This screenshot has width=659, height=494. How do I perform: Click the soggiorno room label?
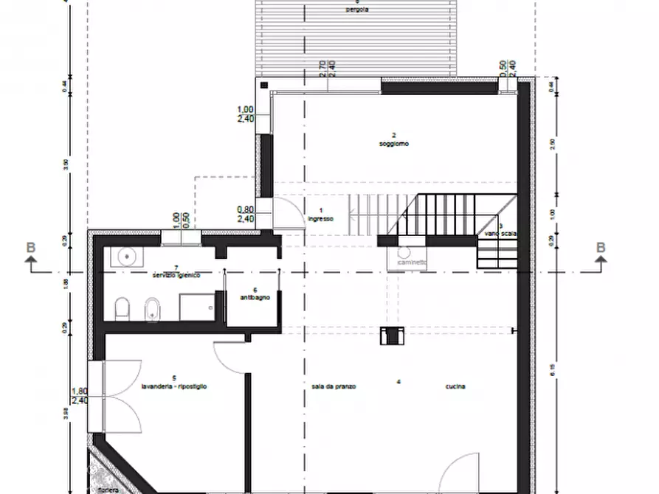tap(394, 143)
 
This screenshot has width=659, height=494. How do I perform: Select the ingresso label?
tap(322, 219)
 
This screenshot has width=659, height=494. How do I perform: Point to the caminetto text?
tap(411, 262)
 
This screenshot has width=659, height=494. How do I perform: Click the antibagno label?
tap(253, 298)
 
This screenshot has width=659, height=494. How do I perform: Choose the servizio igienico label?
tap(176, 275)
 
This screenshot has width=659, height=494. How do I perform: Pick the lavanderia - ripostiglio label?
tap(175, 386)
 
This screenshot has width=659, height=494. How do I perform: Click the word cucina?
tap(455, 386)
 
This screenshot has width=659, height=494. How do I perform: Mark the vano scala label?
tap(500, 234)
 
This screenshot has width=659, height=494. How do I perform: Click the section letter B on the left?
tap(31, 248)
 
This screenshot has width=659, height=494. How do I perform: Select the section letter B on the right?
tap(601, 248)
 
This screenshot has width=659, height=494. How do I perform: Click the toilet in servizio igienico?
tap(123, 307)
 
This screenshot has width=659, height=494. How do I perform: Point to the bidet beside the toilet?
tap(152, 309)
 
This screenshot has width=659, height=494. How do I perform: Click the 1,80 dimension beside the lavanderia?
tap(80, 392)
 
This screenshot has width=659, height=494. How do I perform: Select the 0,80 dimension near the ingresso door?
tap(246, 209)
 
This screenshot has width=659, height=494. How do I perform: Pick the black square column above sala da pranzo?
tap(389, 335)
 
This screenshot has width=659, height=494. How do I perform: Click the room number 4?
tap(398, 381)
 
